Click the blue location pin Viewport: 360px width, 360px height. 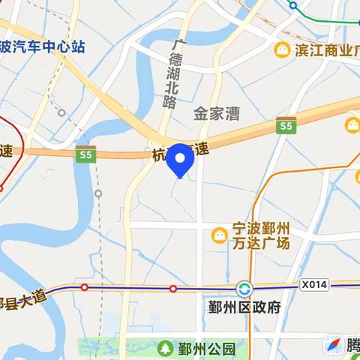[x=180, y=158]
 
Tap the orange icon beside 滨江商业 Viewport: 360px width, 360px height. [x=282, y=50]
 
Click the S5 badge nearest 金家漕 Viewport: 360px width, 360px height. [x=284, y=127]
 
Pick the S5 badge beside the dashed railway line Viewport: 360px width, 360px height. [x=85, y=154]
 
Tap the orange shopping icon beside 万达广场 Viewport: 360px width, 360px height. [x=218, y=235]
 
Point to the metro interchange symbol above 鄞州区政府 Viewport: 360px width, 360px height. [x=244, y=289]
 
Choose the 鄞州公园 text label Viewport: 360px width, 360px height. [x=207, y=349]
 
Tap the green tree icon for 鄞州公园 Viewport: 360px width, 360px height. [x=164, y=348]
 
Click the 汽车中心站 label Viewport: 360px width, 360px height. [x=45, y=46]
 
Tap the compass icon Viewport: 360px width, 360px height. [x=333, y=345]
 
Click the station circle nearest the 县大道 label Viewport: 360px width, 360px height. [x=85, y=287]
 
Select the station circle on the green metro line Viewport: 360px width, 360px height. [x=295, y=4]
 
